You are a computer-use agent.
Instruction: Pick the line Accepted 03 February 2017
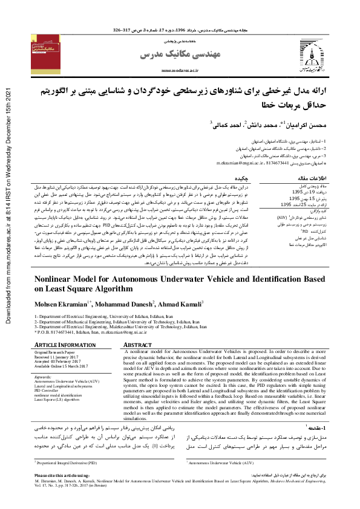pos(58,360)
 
